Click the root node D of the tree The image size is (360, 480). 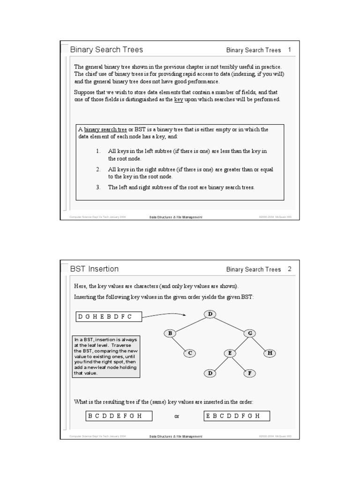pyautogui.click(x=210, y=314)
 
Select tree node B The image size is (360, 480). pyautogui.click(x=170, y=333)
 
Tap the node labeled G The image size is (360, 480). pyautogui.click(x=250, y=333)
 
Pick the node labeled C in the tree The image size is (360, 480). pyautogui.click(x=190, y=353)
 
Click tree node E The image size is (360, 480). pyautogui.click(x=230, y=353)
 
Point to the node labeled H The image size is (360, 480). pyautogui.click(x=270, y=353)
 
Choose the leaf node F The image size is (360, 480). pyautogui.click(x=250, y=373)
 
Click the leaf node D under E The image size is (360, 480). pyautogui.click(x=210, y=373)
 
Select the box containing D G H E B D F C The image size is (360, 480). pyautogui.click(x=108, y=317)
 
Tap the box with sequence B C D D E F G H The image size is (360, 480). pyautogui.click(x=120, y=416)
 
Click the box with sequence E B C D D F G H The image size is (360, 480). pyautogui.click(x=237, y=416)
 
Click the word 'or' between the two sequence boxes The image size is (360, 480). pyautogui.click(x=177, y=416)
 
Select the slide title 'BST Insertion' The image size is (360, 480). pyautogui.click(x=94, y=269)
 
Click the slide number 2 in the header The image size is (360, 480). pyautogui.click(x=290, y=269)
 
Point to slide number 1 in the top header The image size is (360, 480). pyautogui.click(x=290, y=50)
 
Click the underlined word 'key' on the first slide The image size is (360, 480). pyautogui.click(x=178, y=99)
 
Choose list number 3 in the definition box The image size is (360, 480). pyautogui.click(x=98, y=187)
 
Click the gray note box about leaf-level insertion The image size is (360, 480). pyautogui.click(x=106, y=356)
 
